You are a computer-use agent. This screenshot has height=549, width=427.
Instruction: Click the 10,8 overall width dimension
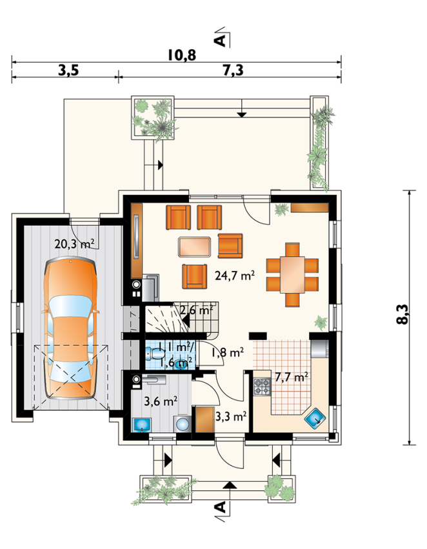pos(182,55)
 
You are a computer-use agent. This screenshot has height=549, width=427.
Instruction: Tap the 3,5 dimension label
pos(68,71)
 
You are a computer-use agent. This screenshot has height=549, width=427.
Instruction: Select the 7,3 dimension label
pos(233,71)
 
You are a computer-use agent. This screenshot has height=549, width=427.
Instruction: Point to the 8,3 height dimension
pos(403,314)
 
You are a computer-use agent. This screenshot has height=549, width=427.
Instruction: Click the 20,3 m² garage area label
pos(74,243)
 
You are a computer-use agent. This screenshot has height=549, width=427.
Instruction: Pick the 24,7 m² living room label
pos(234,275)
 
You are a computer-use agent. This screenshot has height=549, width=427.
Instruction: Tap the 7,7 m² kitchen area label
pos(291,377)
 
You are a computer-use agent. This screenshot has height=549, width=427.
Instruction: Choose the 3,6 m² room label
pos(161,401)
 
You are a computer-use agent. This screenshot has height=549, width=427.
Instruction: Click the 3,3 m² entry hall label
pos(231,416)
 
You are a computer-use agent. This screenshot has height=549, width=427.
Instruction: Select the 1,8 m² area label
pos(227,353)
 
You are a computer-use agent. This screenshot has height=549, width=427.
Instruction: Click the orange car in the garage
pos(70,328)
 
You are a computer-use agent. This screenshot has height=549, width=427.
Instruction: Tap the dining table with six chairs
pos(292,275)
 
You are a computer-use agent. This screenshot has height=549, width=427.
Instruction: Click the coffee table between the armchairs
pos(195,247)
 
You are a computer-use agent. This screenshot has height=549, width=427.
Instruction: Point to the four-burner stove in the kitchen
pos(262,387)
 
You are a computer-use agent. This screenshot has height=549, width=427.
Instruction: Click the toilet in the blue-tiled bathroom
pos(154,354)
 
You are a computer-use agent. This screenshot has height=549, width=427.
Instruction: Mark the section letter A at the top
pos(220,41)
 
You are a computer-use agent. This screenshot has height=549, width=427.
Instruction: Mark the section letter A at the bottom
pos(220,507)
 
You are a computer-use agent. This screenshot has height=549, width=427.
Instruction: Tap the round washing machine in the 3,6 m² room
pos(182,424)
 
